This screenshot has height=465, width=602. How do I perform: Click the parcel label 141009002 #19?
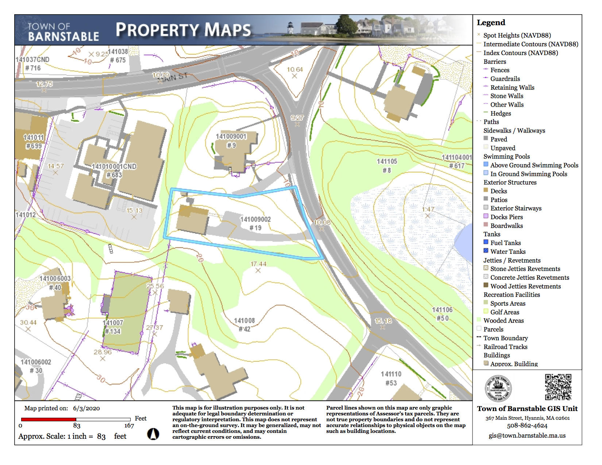click(x=255, y=223)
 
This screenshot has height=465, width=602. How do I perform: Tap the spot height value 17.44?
click(x=258, y=264)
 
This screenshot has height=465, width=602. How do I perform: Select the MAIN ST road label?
click(x=175, y=77)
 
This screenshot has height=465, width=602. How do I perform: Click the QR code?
click(x=558, y=387)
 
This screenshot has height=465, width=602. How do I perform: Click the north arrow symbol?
click(x=153, y=434)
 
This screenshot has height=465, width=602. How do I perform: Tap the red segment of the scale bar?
click(x=49, y=419)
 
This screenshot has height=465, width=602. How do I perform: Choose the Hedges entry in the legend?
click(x=500, y=113)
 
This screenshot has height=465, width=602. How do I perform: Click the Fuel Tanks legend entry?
click(x=505, y=243)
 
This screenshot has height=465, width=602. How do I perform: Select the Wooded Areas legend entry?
click(x=503, y=321)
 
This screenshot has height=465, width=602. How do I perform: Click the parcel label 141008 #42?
click(x=244, y=325)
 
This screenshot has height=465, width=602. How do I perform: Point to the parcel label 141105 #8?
click(x=387, y=166)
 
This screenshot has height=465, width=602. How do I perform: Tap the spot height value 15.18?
click(x=383, y=321)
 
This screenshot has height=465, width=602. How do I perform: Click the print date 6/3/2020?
click(x=86, y=408)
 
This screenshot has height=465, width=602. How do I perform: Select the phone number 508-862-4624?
click(x=527, y=426)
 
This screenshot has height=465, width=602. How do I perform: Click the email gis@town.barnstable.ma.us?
click(x=527, y=435)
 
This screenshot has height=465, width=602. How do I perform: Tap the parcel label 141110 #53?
click(x=391, y=378)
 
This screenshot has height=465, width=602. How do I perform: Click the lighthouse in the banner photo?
click(x=290, y=28)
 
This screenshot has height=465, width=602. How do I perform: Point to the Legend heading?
click(x=491, y=23)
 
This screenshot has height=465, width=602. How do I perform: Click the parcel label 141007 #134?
click(x=113, y=327)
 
